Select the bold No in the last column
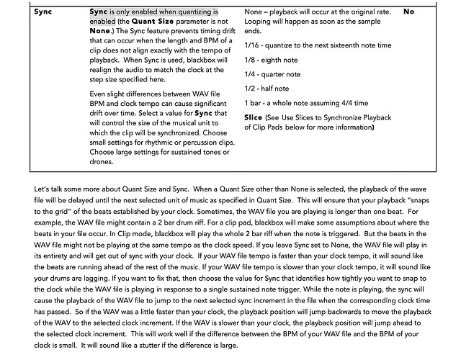[x=409, y=12]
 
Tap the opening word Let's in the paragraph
[x=41, y=189]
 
